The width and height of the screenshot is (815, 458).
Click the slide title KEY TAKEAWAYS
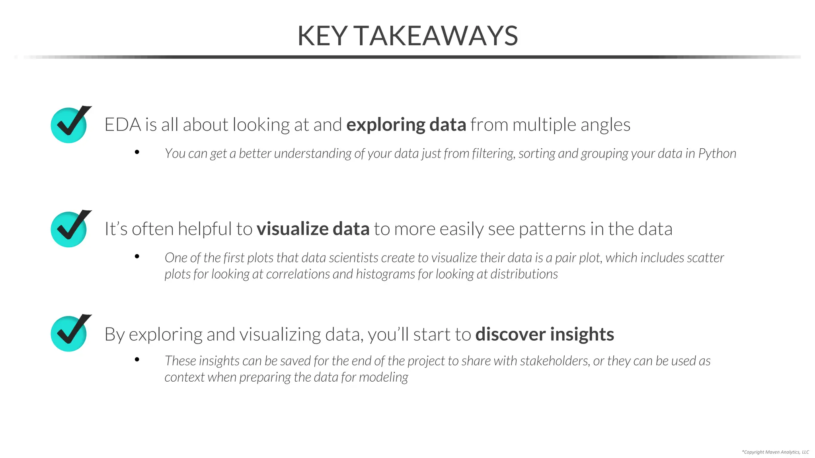pyautogui.click(x=407, y=36)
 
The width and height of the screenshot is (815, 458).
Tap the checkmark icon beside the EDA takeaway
pyautogui.click(x=70, y=125)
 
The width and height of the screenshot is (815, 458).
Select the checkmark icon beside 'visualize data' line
pyautogui.click(x=70, y=229)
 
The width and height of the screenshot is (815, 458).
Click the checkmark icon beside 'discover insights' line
pyautogui.click(x=70, y=333)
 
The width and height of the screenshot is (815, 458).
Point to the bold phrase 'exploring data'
pyautogui.click(x=406, y=125)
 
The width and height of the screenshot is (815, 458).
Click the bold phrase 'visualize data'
pyautogui.click(x=313, y=229)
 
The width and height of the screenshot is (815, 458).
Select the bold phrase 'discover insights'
pyautogui.click(x=544, y=334)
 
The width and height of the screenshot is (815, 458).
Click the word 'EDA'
pyautogui.click(x=123, y=125)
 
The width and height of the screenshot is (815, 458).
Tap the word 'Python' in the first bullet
pyautogui.click(x=717, y=153)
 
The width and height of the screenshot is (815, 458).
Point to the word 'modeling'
pyautogui.click(x=383, y=377)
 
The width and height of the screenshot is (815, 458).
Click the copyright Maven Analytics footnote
pyautogui.click(x=775, y=452)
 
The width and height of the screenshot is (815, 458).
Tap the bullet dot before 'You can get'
pyautogui.click(x=137, y=152)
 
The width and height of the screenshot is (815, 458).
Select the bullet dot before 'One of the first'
pyautogui.click(x=137, y=256)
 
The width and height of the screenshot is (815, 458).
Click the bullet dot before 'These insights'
pyautogui.click(x=137, y=359)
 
